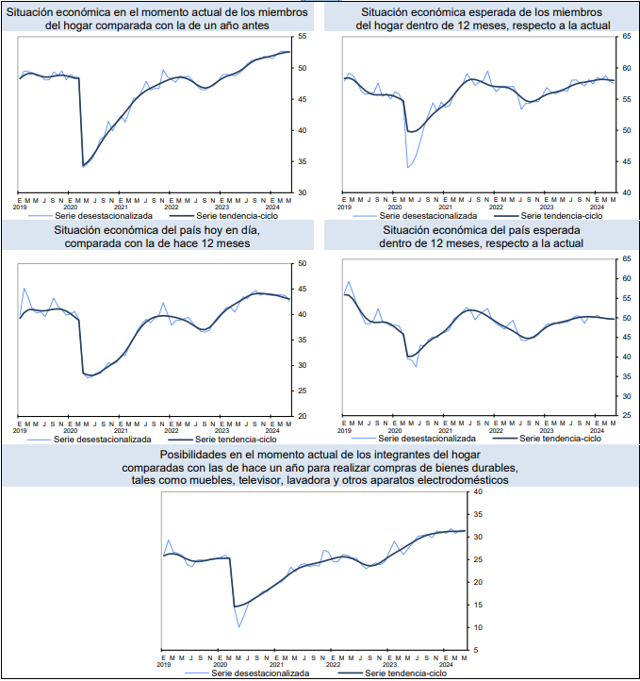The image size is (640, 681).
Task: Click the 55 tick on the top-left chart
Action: [302, 36]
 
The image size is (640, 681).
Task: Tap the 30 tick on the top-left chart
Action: [302, 192]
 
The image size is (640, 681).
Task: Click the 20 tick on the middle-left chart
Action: [302, 416]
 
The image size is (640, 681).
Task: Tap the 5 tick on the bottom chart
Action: [477, 650]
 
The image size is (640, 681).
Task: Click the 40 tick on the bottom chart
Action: [477, 491]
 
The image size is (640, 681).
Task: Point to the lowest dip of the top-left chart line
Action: [84, 166]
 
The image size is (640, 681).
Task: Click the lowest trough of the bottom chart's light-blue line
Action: [239, 627]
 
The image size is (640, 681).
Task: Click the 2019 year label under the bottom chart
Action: [164, 664]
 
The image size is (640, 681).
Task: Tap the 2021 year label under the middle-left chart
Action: [121, 430]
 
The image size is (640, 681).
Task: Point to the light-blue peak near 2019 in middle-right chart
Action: [349, 281]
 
